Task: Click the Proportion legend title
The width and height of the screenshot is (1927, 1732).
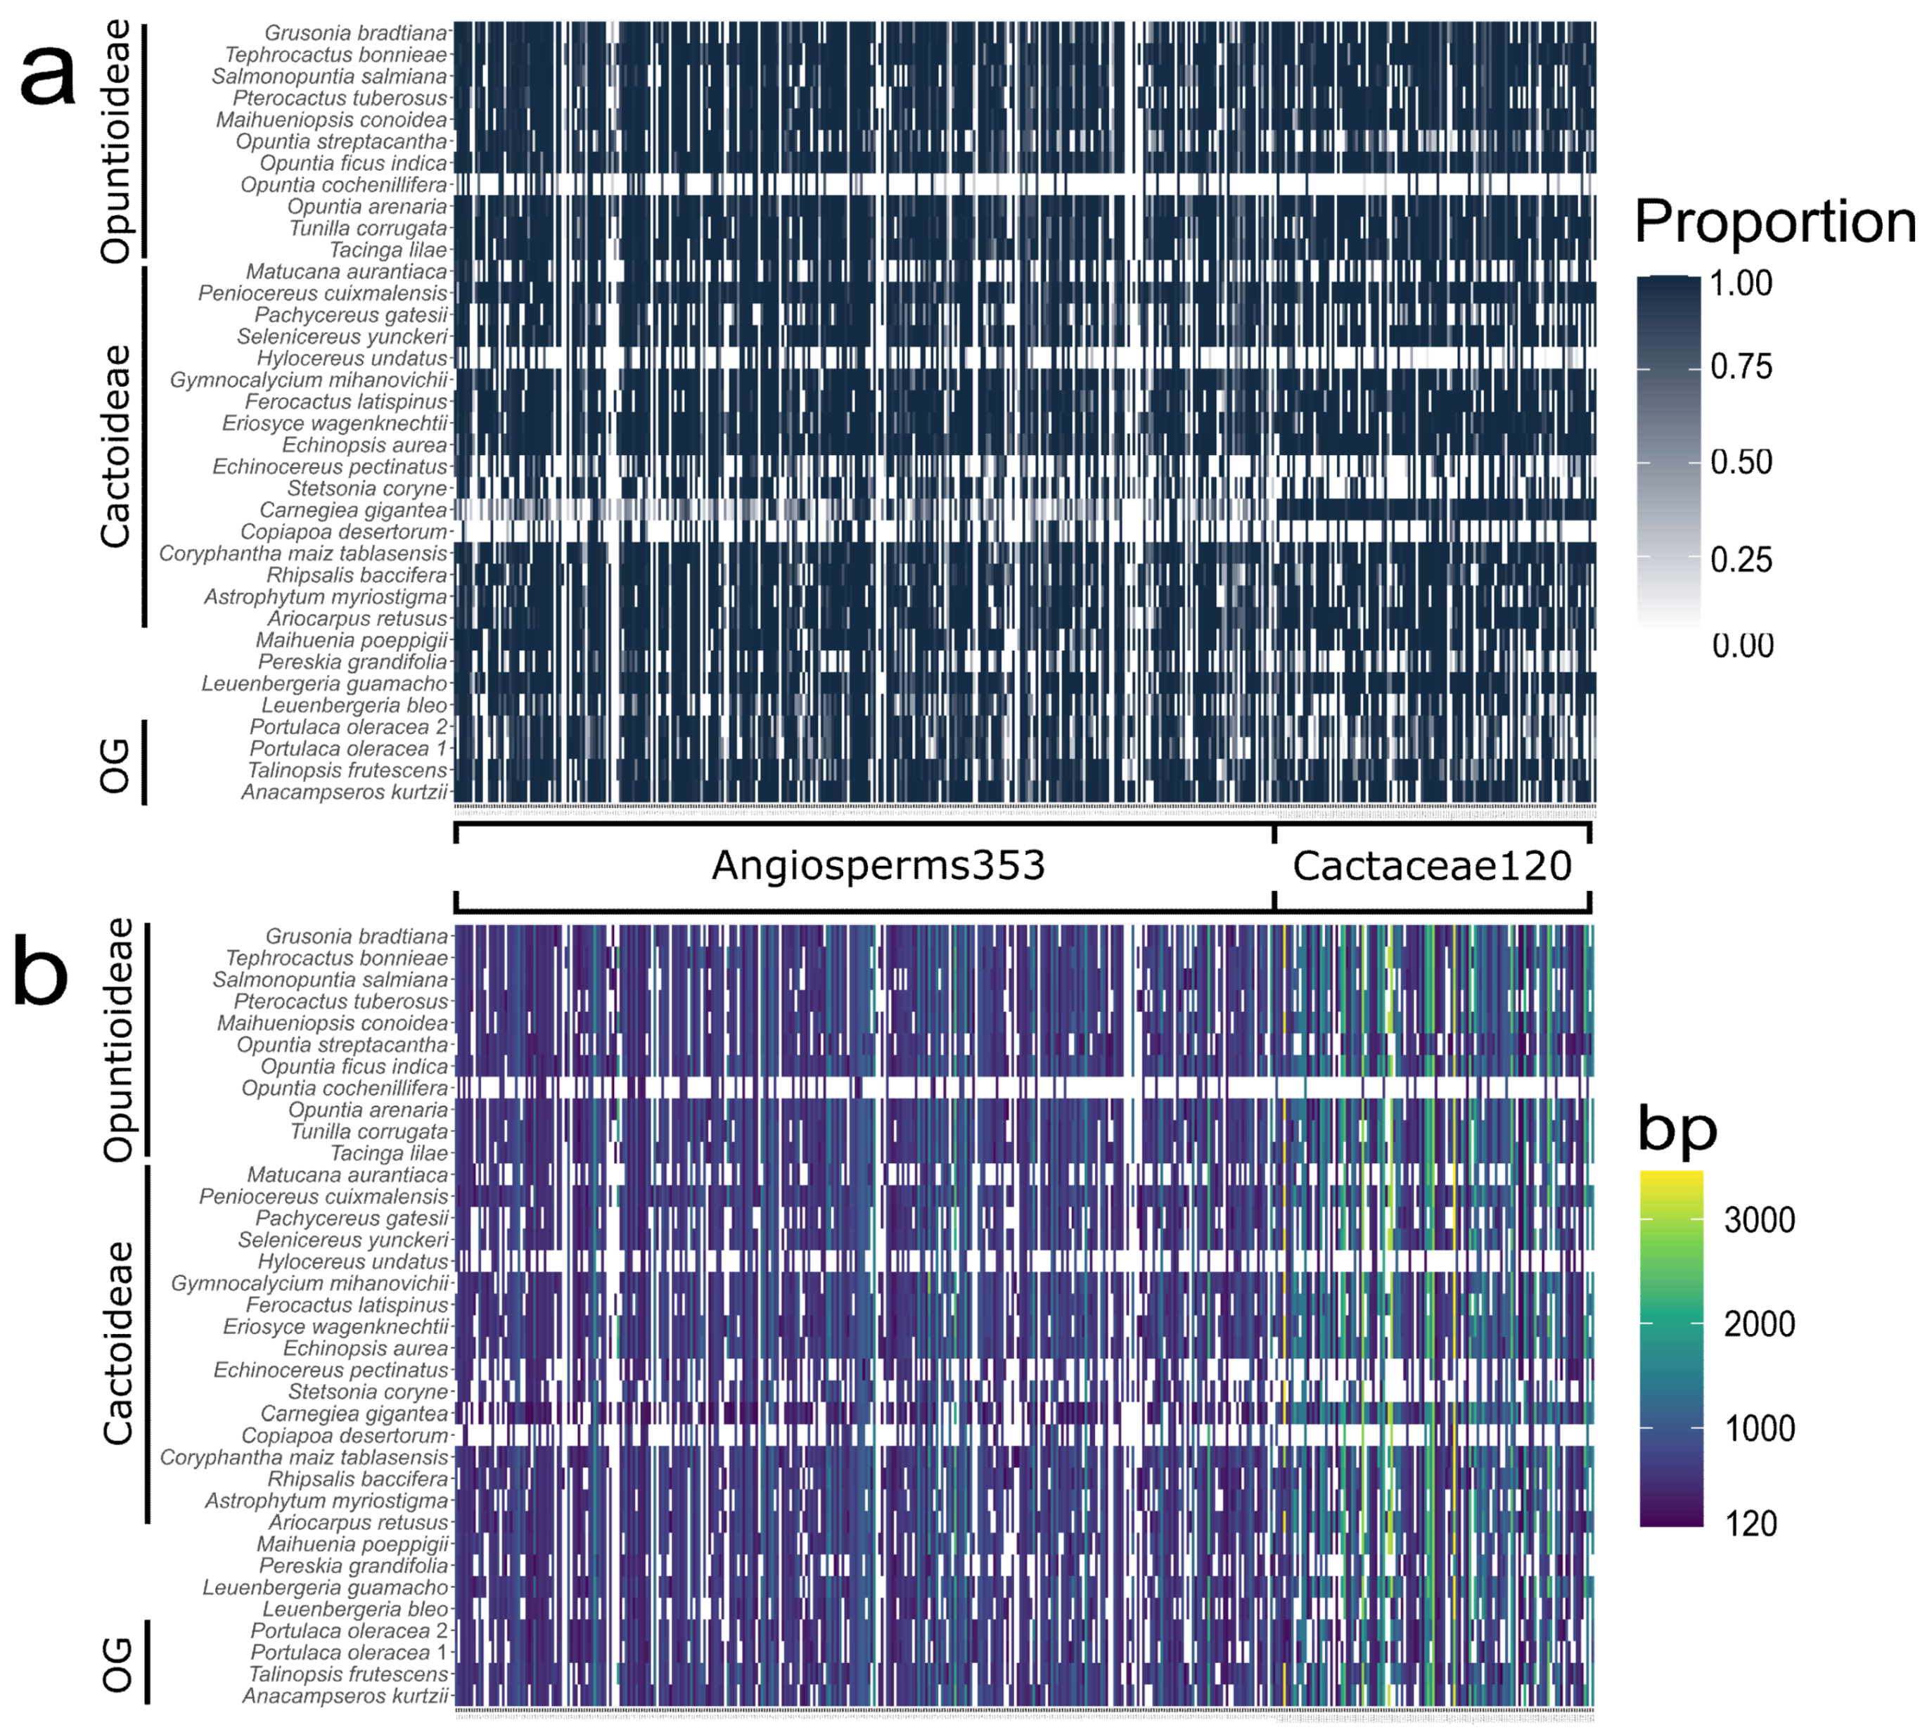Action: tap(1774, 223)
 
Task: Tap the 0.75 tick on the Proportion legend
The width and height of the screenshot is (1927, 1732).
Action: tap(1741, 367)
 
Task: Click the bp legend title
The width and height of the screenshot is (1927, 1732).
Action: tap(1677, 1129)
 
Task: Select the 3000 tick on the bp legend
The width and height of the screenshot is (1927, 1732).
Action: tap(1759, 1220)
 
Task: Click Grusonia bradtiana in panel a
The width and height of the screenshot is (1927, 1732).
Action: tap(355, 33)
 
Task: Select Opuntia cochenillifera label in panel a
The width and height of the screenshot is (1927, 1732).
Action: tap(342, 185)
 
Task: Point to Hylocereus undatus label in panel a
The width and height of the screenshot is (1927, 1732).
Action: tap(351, 359)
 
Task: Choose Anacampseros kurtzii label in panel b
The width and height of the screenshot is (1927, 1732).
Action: tap(345, 1696)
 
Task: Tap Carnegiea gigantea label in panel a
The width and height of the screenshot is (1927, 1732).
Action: tap(353, 510)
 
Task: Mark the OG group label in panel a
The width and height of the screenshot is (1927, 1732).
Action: tap(115, 765)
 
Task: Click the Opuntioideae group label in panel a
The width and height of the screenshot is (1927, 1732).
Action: tap(116, 141)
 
